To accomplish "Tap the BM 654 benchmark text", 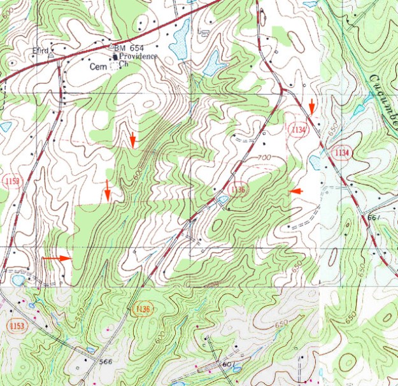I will [x=125, y=48].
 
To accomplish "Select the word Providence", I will [x=138, y=56].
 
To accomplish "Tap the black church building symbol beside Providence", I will [x=115, y=56].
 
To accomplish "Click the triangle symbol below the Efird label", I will [x=50, y=55].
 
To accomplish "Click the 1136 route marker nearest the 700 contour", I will [x=238, y=190].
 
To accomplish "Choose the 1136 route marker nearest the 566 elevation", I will [x=143, y=310].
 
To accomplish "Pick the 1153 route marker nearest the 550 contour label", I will [x=17, y=326].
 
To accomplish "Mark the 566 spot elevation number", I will [x=106, y=362].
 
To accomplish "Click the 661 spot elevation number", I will [x=373, y=218].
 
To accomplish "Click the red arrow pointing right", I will [x=57, y=258].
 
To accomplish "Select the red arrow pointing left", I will [x=293, y=190].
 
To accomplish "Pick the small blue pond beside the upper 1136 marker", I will [x=222, y=201].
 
